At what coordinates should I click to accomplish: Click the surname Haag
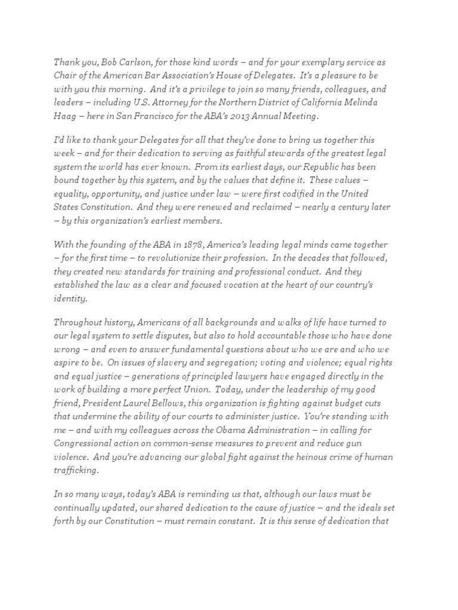pos(65,116)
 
